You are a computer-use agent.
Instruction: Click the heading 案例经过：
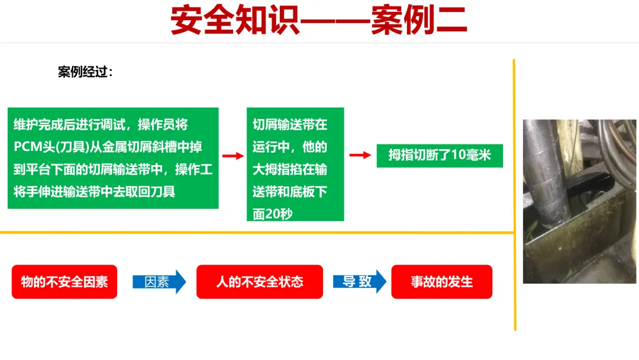(x=85, y=72)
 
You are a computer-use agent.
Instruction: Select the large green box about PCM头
(x=113, y=158)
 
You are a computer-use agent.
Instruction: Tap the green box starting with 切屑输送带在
(x=295, y=164)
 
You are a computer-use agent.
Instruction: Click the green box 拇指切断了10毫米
(x=440, y=156)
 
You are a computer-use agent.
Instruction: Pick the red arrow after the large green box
(x=233, y=156)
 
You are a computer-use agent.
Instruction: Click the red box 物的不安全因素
(x=64, y=282)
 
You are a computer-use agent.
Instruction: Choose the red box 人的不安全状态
(x=260, y=282)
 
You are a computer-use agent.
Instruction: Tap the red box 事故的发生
(x=442, y=282)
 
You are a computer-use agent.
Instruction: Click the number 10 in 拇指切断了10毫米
(x=458, y=156)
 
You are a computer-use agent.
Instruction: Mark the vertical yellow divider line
(x=514, y=195)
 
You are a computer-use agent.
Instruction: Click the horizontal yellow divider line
(x=254, y=232)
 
